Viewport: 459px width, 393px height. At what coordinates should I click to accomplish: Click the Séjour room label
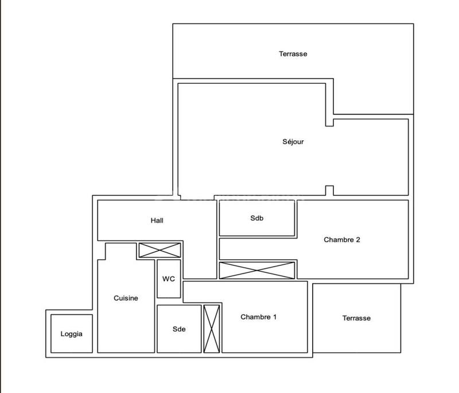point(293,142)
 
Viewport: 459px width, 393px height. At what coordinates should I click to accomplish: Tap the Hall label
point(158,221)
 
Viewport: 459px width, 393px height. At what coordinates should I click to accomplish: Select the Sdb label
point(256,218)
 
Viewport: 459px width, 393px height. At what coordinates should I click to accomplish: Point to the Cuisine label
point(126,298)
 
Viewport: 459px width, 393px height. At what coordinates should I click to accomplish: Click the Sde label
point(179,329)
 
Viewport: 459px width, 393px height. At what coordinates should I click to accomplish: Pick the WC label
point(169,279)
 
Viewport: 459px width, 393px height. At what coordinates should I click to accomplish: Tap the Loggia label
point(72,334)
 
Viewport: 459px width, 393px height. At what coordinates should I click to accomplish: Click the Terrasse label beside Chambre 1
point(356,318)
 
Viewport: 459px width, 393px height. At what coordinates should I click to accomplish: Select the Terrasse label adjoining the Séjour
point(293,54)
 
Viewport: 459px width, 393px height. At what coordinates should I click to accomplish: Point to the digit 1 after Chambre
point(275,317)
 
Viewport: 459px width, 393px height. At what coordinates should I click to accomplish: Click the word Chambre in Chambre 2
point(338,240)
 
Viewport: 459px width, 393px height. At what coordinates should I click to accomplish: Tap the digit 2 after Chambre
point(358,240)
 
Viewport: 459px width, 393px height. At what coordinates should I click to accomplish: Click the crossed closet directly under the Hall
point(160,250)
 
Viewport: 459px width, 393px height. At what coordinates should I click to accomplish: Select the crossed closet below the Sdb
point(257,271)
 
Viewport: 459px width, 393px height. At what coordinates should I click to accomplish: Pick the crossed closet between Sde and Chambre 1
point(212,329)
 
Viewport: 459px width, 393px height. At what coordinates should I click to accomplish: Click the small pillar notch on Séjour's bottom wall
point(329,191)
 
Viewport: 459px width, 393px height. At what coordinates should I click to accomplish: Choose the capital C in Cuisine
point(116,298)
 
